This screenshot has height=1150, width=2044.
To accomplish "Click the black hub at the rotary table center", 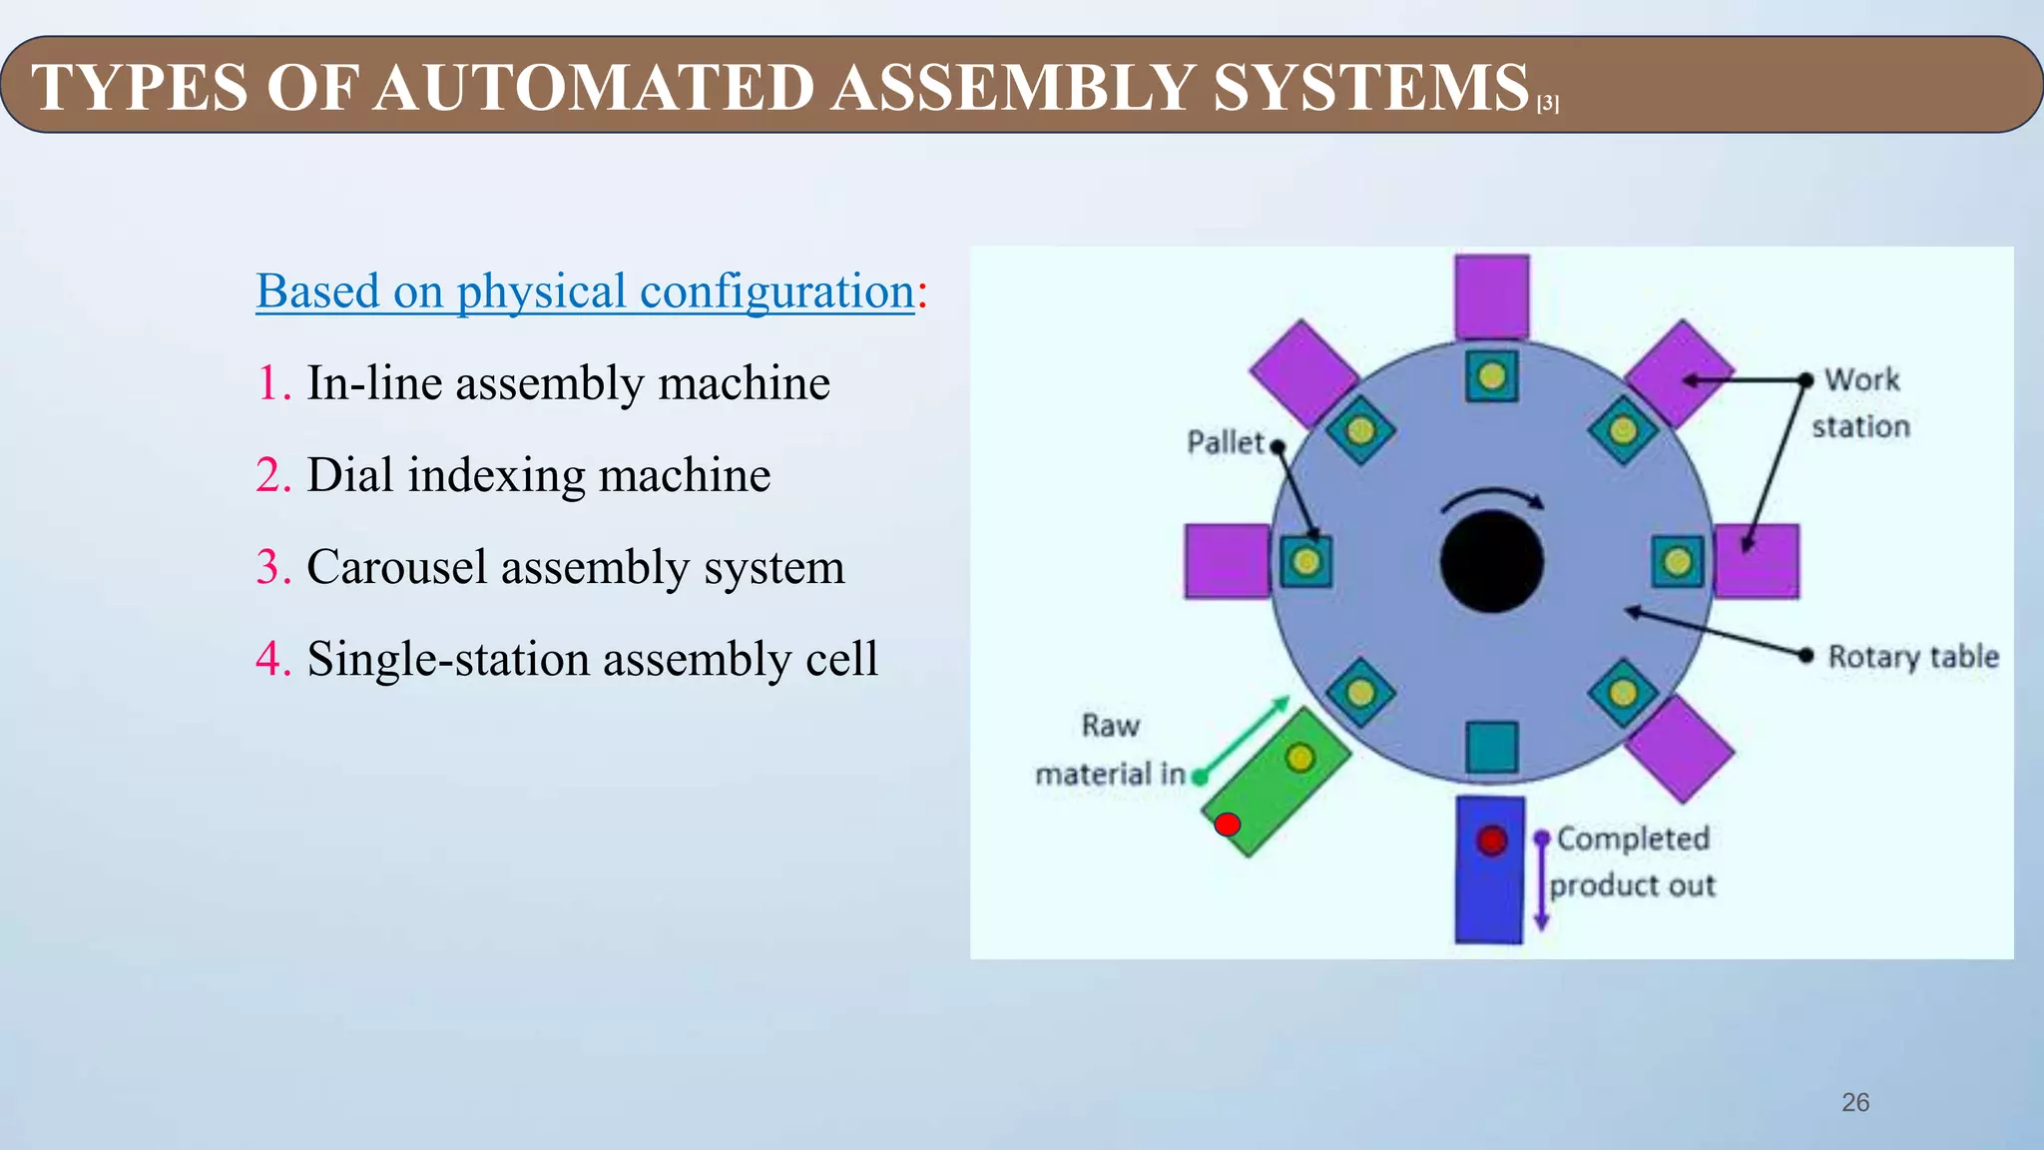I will [x=1492, y=561].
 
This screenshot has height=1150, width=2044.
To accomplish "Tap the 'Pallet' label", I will [x=1225, y=442].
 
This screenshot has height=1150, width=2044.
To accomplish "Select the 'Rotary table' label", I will [x=1913, y=657].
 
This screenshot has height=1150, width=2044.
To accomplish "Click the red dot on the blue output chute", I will [x=1492, y=841].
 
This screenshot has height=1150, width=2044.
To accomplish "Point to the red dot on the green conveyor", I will [x=1228, y=825].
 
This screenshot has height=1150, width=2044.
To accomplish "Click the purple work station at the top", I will [x=1492, y=295].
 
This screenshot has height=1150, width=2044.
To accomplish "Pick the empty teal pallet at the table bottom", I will [x=1492, y=748].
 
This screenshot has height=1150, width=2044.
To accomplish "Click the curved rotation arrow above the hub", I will [x=1493, y=497].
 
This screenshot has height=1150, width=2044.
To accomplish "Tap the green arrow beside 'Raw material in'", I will [x=1244, y=739].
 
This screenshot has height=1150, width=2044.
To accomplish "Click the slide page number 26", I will [x=1855, y=1102].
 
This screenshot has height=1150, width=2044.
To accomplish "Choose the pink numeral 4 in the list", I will [x=271, y=659].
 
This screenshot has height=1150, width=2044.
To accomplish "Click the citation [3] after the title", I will [x=1548, y=104].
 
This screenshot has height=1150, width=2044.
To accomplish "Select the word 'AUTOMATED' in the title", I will [x=595, y=88].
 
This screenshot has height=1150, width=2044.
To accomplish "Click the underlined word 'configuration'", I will [x=776, y=291].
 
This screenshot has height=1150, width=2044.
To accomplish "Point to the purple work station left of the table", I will [x=1226, y=561].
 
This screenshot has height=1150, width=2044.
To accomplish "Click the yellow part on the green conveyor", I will [x=1299, y=758].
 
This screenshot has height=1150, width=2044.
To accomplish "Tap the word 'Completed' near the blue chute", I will [x=1633, y=839].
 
